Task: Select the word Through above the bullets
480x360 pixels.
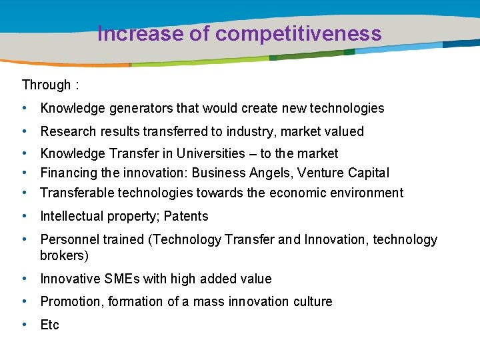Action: pyautogui.click(x=46, y=85)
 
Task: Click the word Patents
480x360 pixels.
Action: pyautogui.click(x=186, y=217)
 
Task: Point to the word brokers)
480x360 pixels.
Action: pyautogui.click(x=64, y=255)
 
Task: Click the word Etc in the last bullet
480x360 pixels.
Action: pyautogui.click(x=50, y=325)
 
